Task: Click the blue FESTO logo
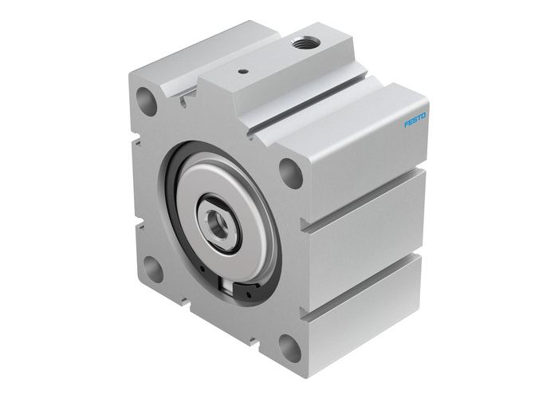[415, 120]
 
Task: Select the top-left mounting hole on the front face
[146, 101]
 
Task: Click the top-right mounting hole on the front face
[292, 172]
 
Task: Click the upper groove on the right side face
[367, 191]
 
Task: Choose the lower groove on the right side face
[367, 275]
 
